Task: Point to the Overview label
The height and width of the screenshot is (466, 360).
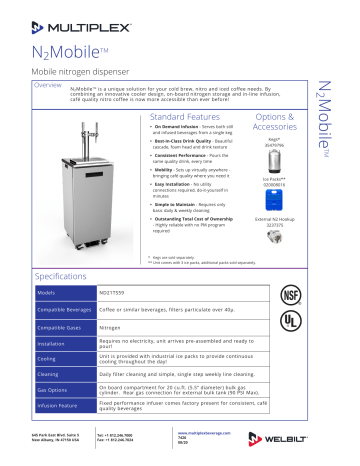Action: [49, 85]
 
